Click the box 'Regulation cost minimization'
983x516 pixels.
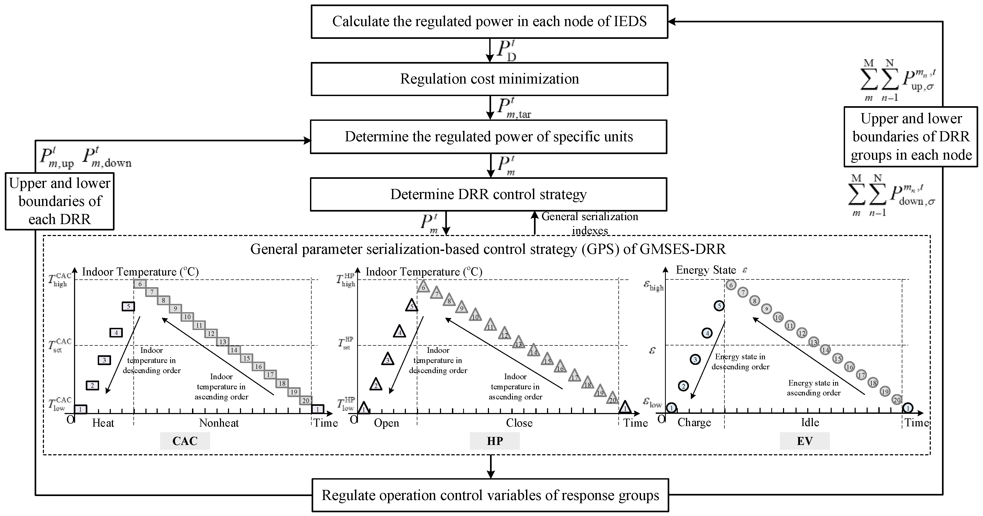(x=489, y=79)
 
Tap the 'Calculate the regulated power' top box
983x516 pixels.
(x=489, y=21)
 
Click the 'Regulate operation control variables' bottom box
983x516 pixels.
(x=490, y=495)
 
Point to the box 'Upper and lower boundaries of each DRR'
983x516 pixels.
(x=60, y=201)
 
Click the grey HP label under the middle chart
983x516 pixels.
(x=495, y=441)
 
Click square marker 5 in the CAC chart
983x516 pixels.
(x=128, y=306)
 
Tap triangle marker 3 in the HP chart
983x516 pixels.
(x=388, y=360)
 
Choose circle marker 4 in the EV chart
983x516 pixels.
(x=707, y=333)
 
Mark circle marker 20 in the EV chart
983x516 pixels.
(x=897, y=400)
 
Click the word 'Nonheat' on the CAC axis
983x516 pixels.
(x=219, y=423)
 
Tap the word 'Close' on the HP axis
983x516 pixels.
(x=519, y=423)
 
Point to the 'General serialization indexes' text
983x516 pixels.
(x=590, y=223)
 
